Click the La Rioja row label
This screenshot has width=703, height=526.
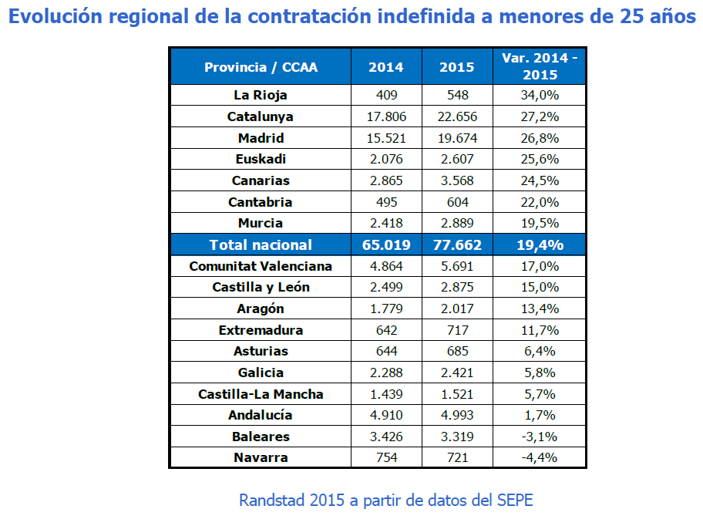coord(261,96)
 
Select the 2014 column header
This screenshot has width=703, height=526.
coord(386,67)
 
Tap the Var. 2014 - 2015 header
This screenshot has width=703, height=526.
coord(540,66)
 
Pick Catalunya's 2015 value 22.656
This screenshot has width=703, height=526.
coord(457,117)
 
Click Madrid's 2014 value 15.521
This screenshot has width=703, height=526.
coord(386,138)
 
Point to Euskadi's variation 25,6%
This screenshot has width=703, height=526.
coord(540,160)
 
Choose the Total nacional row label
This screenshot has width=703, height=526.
coord(261,244)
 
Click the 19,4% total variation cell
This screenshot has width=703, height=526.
coord(540,244)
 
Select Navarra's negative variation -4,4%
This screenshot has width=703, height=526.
coord(540,457)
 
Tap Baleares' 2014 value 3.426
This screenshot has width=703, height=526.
coord(386,437)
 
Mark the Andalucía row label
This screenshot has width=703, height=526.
coord(261,415)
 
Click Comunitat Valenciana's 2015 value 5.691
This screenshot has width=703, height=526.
coord(457,266)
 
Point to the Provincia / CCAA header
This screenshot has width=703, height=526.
coord(261,67)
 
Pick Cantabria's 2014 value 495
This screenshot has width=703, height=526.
coord(386,202)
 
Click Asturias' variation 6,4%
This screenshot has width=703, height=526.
coord(540,351)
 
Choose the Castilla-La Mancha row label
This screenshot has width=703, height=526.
coord(261,394)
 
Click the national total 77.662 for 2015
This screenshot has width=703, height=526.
coord(457,244)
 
